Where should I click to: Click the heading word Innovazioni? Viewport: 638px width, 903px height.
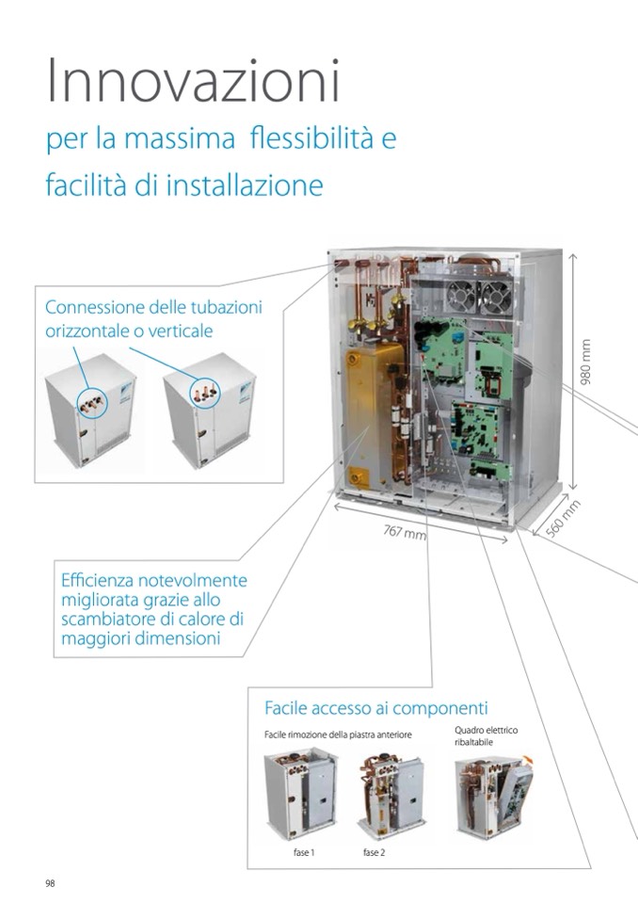point(193,81)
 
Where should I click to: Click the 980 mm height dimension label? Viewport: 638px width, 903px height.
point(585,363)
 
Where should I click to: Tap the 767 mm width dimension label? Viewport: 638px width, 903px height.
point(405,532)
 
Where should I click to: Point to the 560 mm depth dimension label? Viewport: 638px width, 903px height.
point(562,520)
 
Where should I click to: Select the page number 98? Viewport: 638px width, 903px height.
point(50,883)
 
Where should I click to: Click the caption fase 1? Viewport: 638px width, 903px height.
point(304,852)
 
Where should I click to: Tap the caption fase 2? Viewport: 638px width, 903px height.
point(374,852)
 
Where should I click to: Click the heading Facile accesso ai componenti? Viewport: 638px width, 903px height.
point(376,708)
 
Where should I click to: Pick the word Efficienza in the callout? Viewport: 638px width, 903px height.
point(98,579)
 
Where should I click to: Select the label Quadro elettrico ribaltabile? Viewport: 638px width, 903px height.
point(486,736)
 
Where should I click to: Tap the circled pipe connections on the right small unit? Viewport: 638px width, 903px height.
point(205,394)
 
